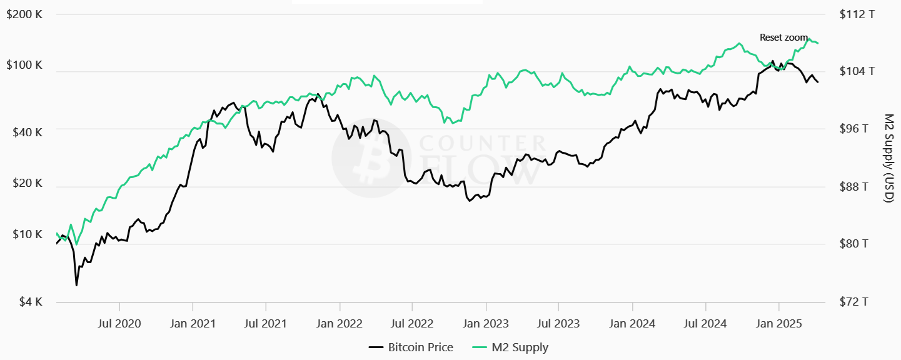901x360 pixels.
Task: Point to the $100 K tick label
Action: coord(24,65)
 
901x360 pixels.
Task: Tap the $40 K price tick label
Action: coord(27,132)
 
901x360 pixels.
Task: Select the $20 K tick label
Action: coord(27,184)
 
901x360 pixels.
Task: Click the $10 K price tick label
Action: coord(27,234)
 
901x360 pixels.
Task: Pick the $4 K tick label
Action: coord(29,302)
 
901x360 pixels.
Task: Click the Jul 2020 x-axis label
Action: coord(119,324)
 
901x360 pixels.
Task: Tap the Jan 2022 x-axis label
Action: coord(340,324)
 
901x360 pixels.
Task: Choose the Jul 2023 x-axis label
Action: coord(558,324)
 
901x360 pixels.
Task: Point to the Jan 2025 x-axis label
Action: coord(778,324)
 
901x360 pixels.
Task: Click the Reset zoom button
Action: coord(783,37)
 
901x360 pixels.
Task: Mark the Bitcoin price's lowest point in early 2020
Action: coord(76,286)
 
